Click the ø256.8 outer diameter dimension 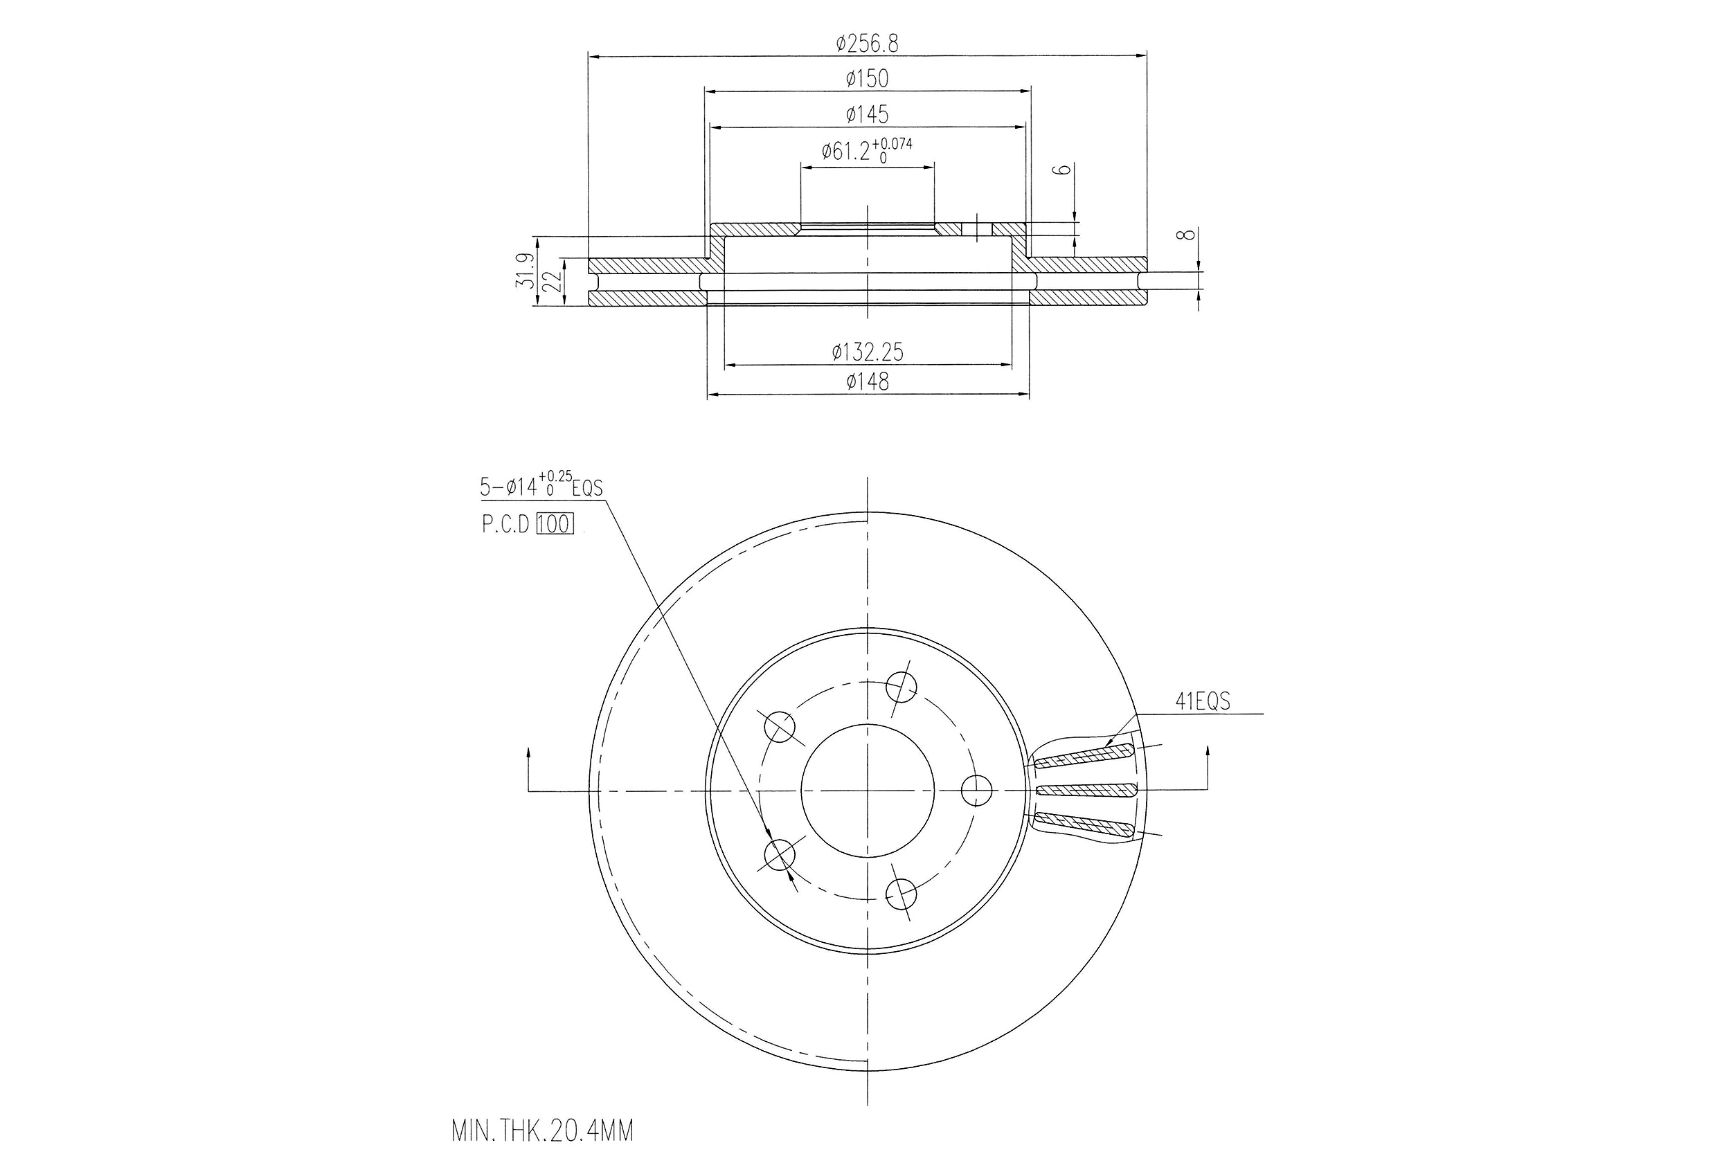click(x=867, y=44)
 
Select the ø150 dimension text click(x=867, y=78)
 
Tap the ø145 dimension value click(x=867, y=114)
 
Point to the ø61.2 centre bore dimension click(x=867, y=150)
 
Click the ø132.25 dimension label click(x=868, y=352)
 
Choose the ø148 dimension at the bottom click(x=868, y=381)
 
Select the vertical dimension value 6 click(x=1061, y=170)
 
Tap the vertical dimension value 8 click(x=1184, y=235)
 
